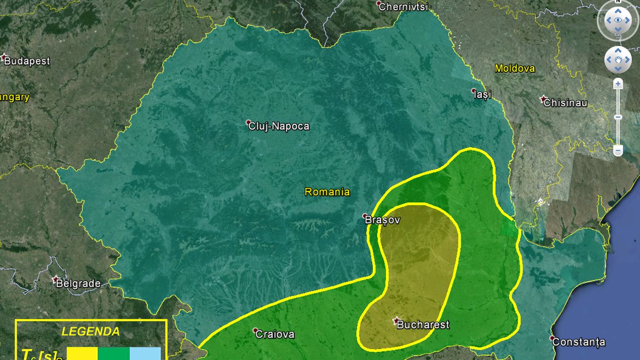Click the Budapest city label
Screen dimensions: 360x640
click(x=27, y=62)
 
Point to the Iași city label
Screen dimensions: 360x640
click(x=482, y=94)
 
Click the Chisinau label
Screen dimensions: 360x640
click(x=565, y=103)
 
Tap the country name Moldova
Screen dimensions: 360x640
click(x=514, y=69)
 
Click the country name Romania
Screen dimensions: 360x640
click(x=327, y=192)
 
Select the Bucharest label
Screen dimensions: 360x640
click(x=423, y=325)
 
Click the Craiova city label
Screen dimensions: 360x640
click(x=274, y=334)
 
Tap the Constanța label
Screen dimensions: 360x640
click(x=578, y=342)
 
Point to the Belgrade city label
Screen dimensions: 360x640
click(x=78, y=284)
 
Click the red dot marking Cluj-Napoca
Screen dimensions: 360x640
click(x=248, y=122)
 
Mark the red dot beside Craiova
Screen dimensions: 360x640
click(x=256, y=330)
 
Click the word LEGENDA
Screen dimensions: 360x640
click(x=91, y=332)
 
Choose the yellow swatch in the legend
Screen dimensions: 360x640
click(x=82, y=353)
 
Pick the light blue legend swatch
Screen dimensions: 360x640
click(x=145, y=353)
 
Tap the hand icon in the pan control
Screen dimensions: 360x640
click(x=618, y=60)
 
